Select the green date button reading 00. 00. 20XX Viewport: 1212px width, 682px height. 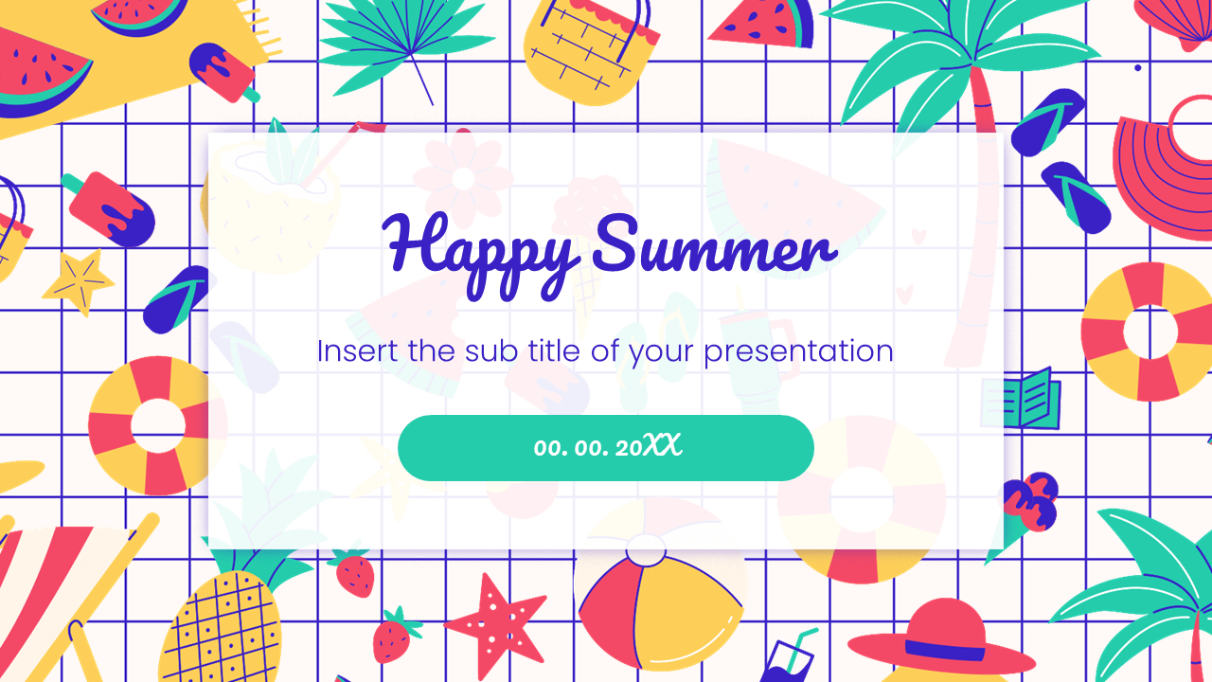pyautogui.click(x=606, y=447)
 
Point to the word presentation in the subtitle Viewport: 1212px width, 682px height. pyautogui.click(x=798, y=351)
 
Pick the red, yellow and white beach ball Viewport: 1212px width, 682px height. pyautogui.click(x=653, y=597)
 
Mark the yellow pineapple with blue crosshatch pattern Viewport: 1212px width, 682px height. pyautogui.click(x=223, y=625)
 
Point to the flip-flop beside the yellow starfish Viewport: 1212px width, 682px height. pyautogui.click(x=177, y=299)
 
